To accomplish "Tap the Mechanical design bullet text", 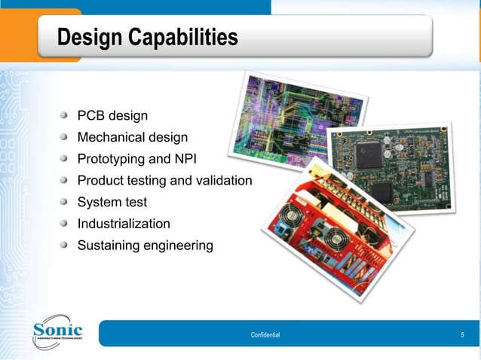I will point(133,138).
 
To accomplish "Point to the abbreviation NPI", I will point(185,159).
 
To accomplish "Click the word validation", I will point(223,181).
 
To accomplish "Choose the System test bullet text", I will point(112,202).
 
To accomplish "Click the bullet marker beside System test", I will point(67,202).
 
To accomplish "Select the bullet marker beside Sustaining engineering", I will point(67,246).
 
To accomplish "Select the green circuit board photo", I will point(392,166).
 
